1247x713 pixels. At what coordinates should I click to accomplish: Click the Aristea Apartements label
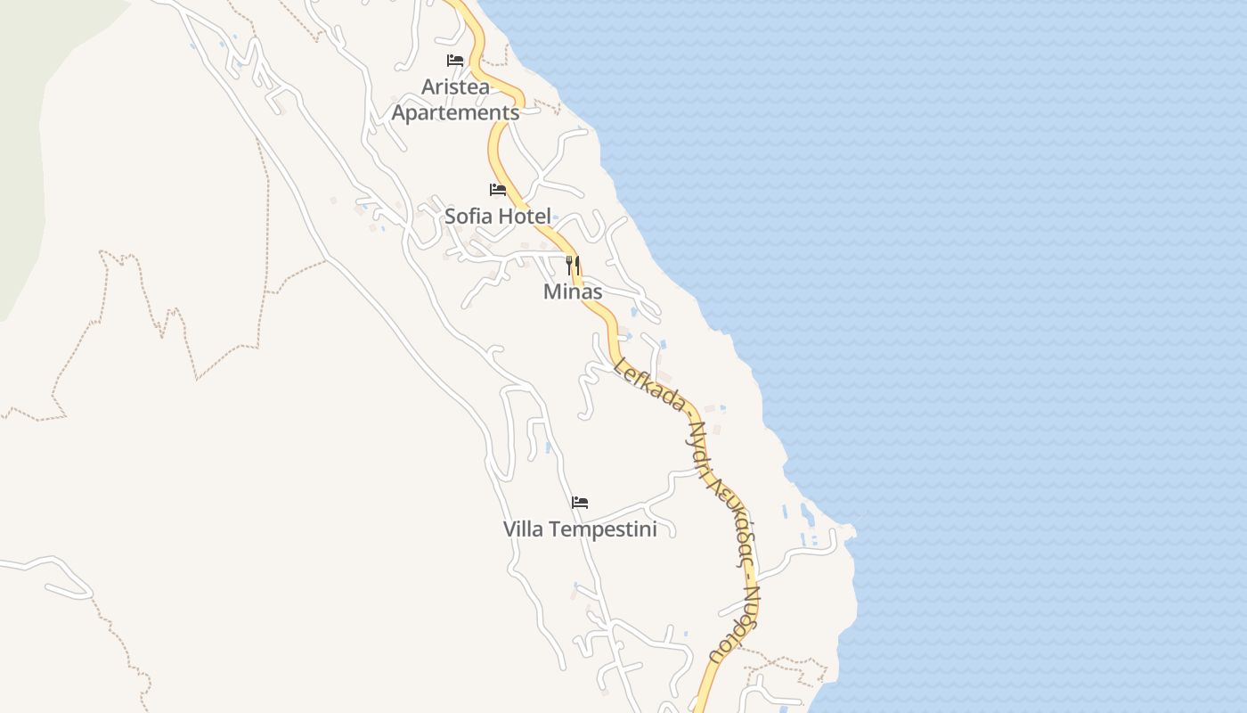click(x=455, y=100)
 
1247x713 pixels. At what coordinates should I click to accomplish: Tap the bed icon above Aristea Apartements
click(x=455, y=61)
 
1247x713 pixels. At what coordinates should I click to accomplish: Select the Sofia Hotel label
click(x=498, y=216)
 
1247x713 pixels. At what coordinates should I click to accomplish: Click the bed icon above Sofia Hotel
click(x=498, y=190)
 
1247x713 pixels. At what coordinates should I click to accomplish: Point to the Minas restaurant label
click(x=573, y=291)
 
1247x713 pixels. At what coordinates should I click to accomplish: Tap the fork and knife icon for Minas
click(x=573, y=265)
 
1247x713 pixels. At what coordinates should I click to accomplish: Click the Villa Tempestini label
click(x=580, y=529)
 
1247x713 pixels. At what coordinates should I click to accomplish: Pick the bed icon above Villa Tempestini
click(x=580, y=503)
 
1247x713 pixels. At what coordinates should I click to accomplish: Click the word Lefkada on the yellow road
click(x=648, y=385)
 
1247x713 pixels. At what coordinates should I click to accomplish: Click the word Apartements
click(x=455, y=113)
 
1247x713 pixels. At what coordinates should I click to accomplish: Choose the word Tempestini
click(x=603, y=529)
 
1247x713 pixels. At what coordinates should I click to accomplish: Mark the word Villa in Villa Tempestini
click(x=524, y=529)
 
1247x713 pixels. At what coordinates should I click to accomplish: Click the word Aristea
click(x=455, y=87)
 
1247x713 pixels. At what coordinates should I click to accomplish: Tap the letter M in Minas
click(x=552, y=291)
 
